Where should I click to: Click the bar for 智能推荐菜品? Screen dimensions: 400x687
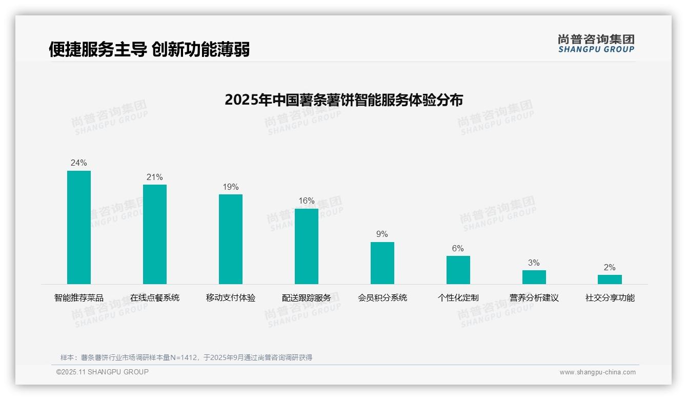[x=79, y=227]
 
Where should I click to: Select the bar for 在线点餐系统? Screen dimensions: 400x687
[x=155, y=234]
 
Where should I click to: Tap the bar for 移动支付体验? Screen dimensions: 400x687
[x=231, y=239]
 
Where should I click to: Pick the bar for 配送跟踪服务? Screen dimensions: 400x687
[x=307, y=246]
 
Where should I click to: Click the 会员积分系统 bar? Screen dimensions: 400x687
[x=382, y=263]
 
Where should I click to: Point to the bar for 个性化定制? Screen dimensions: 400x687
[x=458, y=270]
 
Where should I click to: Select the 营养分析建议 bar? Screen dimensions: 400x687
[x=534, y=277]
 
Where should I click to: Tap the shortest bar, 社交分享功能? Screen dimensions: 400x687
[x=610, y=279]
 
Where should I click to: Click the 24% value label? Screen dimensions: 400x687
[x=79, y=163]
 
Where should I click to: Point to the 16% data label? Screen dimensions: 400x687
[x=307, y=201]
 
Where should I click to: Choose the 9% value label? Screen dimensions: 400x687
[x=382, y=234]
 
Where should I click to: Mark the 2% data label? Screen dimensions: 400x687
[x=610, y=268]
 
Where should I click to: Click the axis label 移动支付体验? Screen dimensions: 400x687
[x=231, y=298]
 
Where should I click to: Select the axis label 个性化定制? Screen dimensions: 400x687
[x=458, y=298]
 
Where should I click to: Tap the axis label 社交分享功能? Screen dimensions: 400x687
[x=610, y=298]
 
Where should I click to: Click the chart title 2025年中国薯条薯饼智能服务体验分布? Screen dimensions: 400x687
[x=344, y=100]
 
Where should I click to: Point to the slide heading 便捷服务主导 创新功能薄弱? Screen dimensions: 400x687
[x=149, y=50]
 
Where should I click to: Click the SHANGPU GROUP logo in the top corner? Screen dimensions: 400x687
[x=596, y=44]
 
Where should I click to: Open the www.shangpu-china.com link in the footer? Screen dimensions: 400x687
[x=597, y=372]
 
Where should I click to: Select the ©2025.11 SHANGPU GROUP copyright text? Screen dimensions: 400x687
[x=103, y=372]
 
